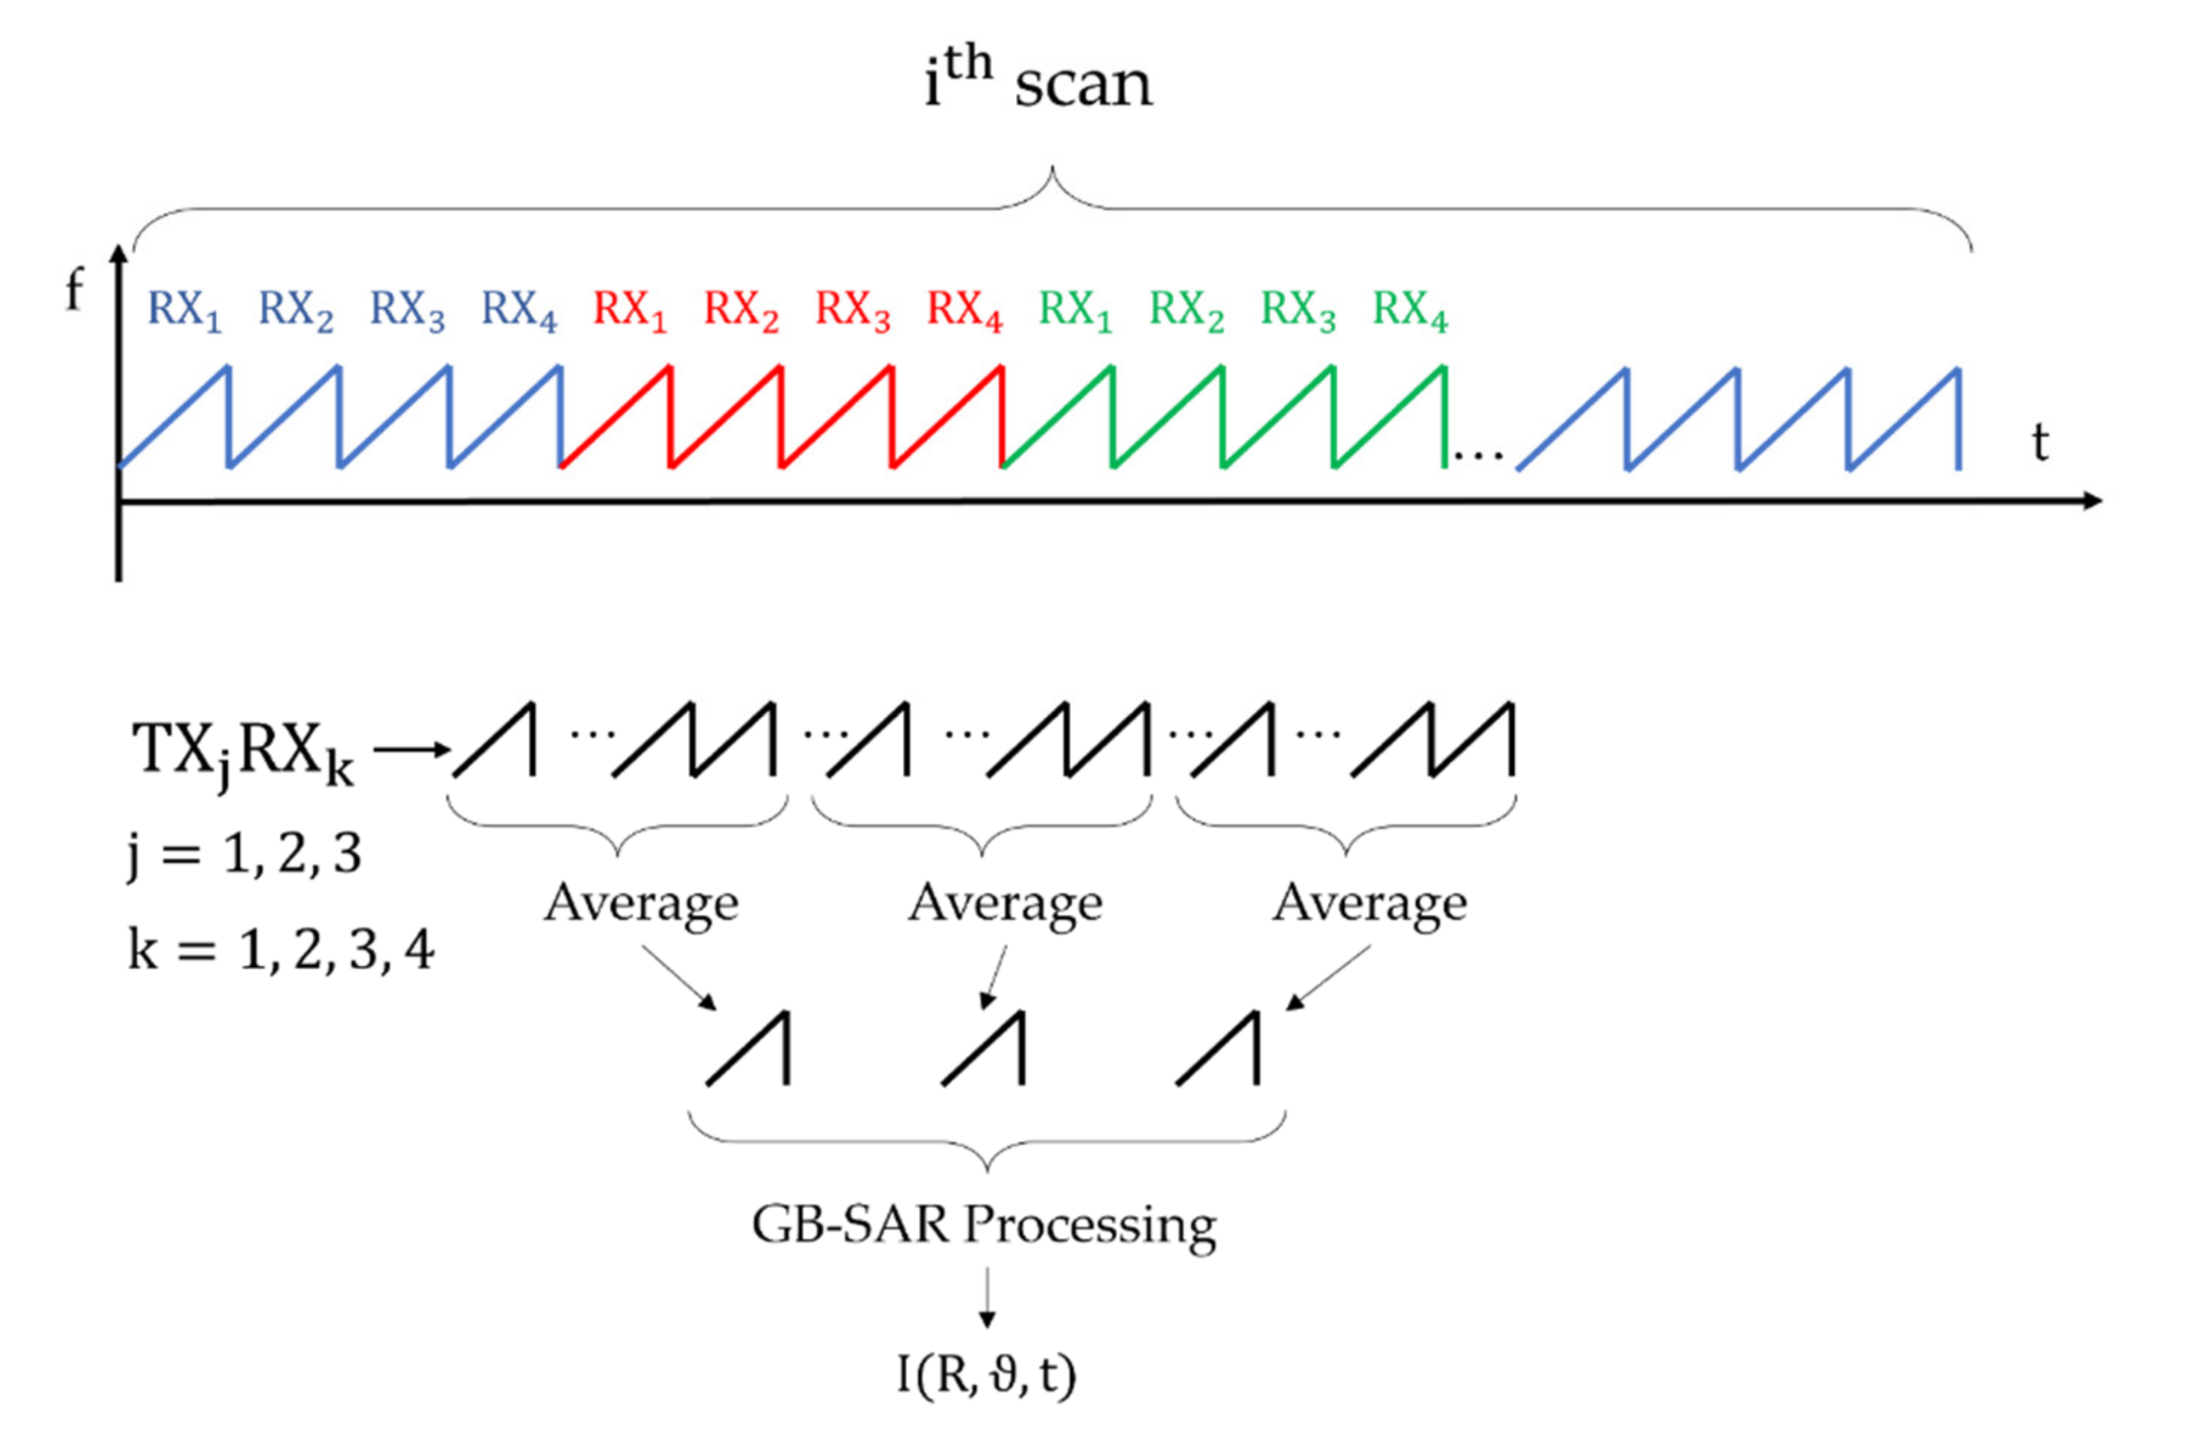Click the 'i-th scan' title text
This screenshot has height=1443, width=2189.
click(x=1038, y=81)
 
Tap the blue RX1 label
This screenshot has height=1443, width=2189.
click(x=185, y=309)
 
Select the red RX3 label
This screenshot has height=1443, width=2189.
click(x=853, y=309)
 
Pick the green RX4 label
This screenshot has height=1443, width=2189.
click(x=1409, y=309)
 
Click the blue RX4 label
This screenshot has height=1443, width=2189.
click(x=519, y=309)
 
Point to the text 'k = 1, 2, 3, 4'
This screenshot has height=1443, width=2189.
click(x=282, y=950)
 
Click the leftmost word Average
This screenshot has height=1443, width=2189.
click(x=641, y=903)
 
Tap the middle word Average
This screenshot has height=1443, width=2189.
click(x=1005, y=903)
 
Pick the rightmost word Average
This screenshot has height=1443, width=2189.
click(x=1370, y=903)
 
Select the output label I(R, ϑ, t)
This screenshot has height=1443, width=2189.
click(x=986, y=1375)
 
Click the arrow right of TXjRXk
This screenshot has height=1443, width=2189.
click(x=411, y=750)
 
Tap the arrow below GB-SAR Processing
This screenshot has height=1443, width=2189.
click(x=986, y=1298)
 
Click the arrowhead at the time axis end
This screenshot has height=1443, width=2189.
click(x=2091, y=501)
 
